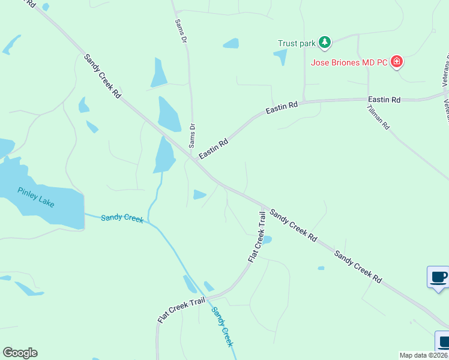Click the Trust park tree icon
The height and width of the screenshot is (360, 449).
coord(325,42)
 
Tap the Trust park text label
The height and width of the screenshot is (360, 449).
coord(297,43)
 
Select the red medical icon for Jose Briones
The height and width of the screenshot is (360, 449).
coord(396,62)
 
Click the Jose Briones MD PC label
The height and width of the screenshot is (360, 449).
coord(349,62)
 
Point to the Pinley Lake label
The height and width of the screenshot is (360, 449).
coord(36,197)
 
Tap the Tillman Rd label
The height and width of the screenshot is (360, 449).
coord(378,118)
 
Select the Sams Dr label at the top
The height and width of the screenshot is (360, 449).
coord(180,30)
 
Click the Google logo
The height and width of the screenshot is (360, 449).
coord(20,352)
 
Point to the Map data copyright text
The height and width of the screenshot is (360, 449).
coord(423,355)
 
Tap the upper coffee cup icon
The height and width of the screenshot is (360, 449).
coord(438,277)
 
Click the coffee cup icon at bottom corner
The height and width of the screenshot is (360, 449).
coord(443,341)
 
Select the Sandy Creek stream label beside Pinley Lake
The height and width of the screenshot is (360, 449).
coord(122,218)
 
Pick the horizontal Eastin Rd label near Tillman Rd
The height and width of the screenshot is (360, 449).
coord(384,100)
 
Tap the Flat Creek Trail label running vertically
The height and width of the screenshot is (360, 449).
coord(257,236)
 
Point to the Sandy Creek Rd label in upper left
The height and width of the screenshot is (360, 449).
coord(103,76)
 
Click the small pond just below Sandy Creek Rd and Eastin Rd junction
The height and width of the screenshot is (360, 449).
coord(199,194)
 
